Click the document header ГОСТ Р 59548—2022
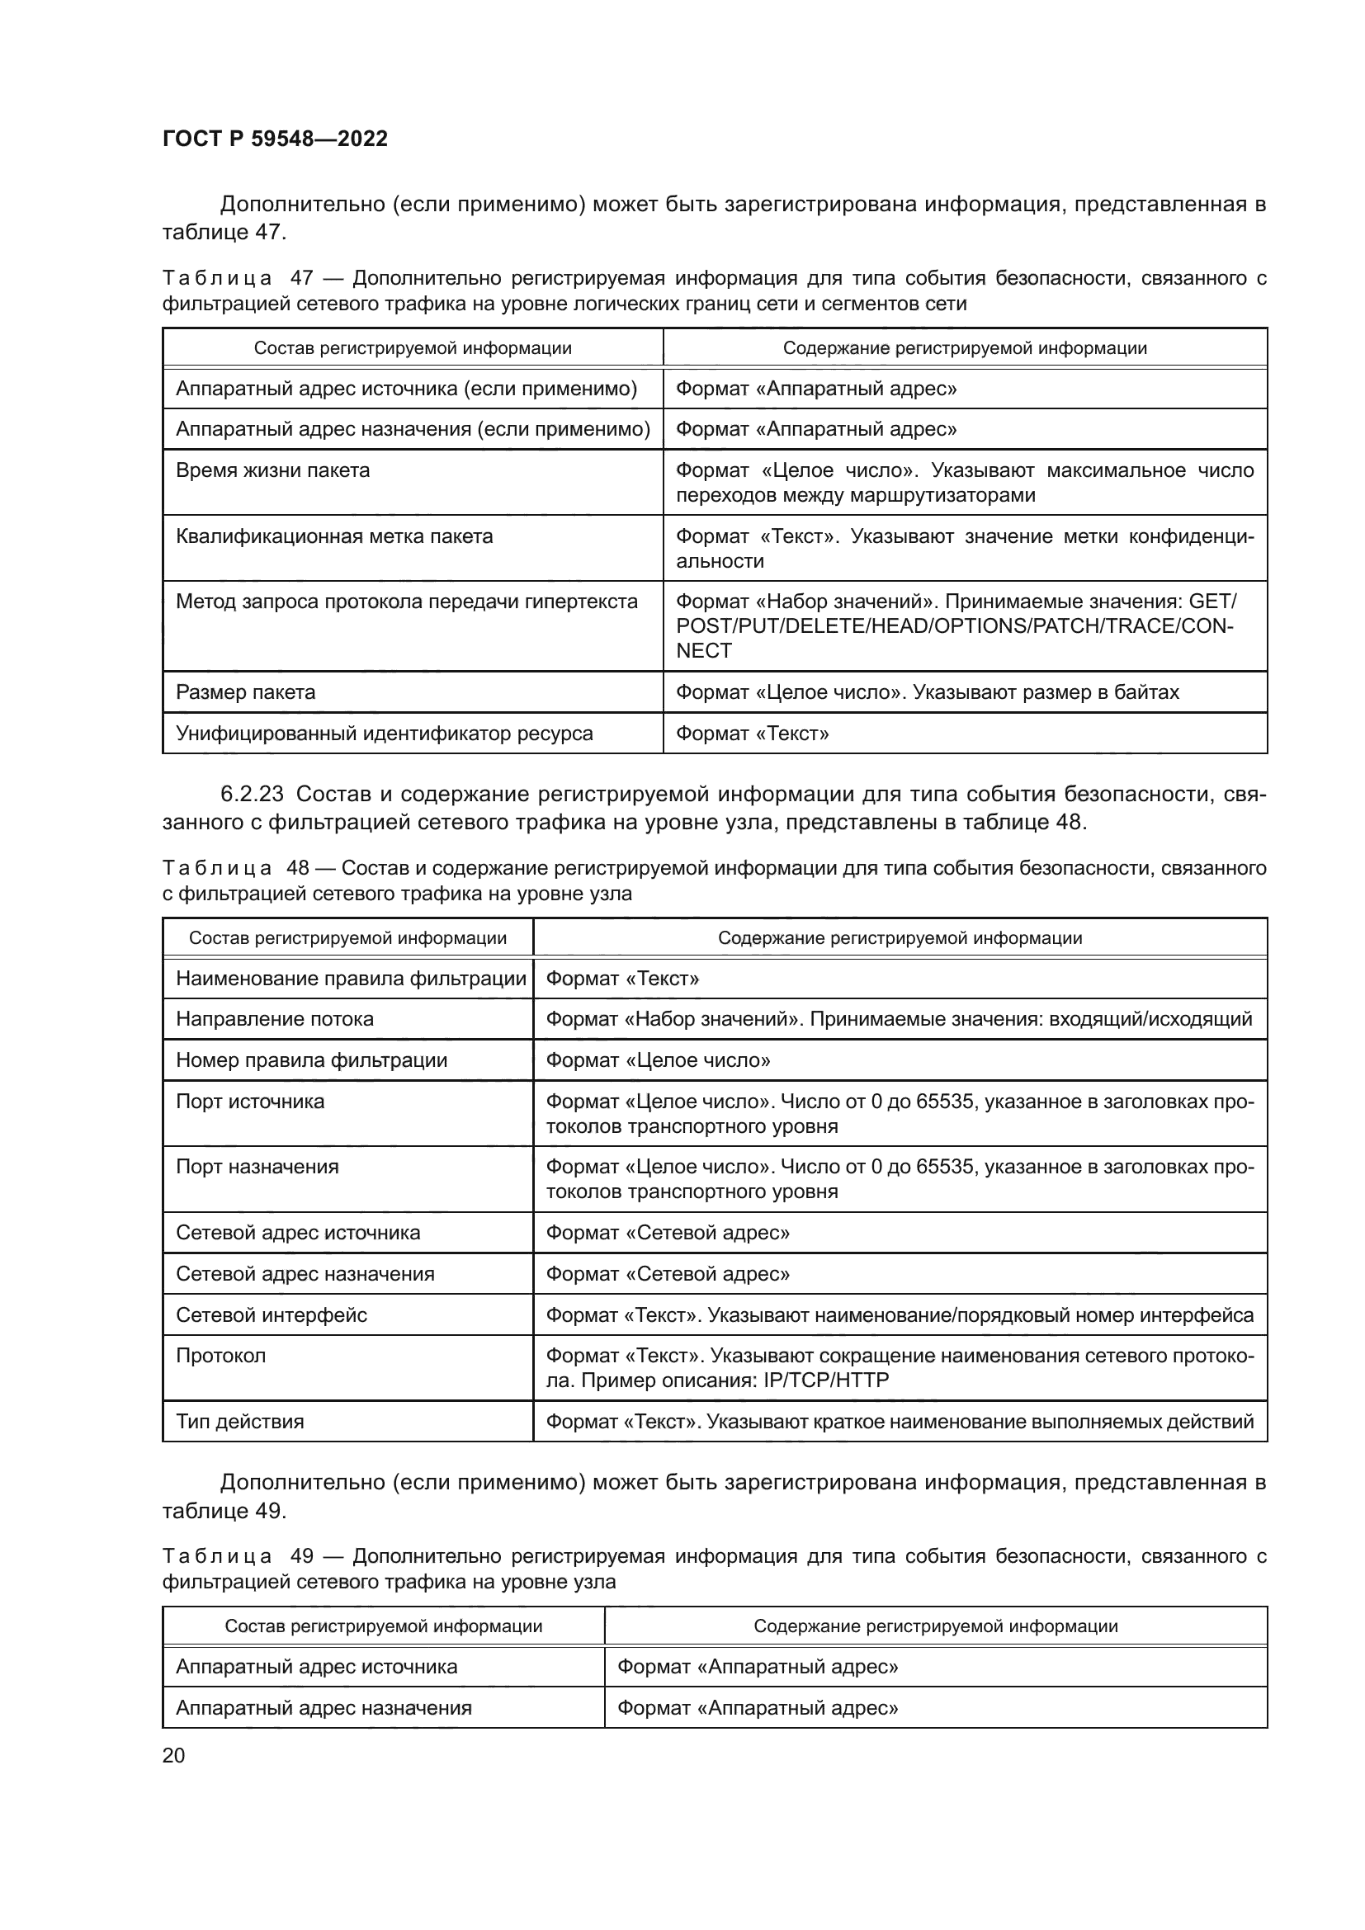tap(275, 139)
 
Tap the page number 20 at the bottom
tap(173, 1755)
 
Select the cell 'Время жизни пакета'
tap(272, 470)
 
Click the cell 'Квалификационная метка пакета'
tap(333, 536)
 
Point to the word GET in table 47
tap(1212, 602)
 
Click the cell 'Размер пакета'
tap(245, 692)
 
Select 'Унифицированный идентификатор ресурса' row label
tap(384, 734)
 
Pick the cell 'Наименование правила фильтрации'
tap(351, 979)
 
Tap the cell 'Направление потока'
tap(274, 1019)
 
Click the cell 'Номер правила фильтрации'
tap(311, 1060)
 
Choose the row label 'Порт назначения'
tap(257, 1167)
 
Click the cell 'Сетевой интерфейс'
tap(272, 1314)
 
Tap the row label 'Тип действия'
tap(239, 1422)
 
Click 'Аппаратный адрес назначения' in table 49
tap(324, 1708)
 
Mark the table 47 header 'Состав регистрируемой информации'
tap(413, 348)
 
